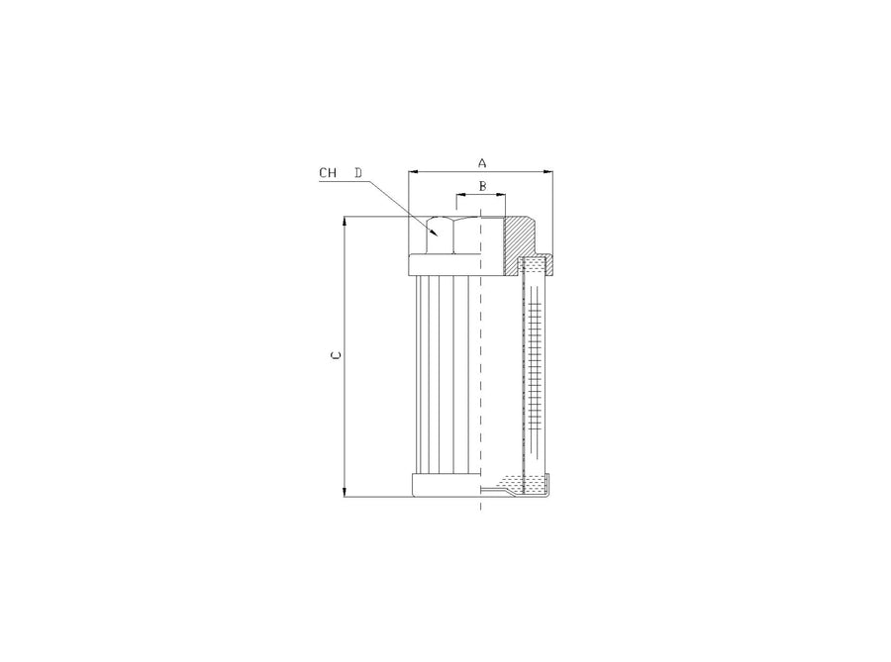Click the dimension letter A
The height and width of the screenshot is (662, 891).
pyautogui.click(x=482, y=163)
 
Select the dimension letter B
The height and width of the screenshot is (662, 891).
pyautogui.click(x=482, y=186)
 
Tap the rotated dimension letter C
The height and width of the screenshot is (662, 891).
pyautogui.click(x=336, y=356)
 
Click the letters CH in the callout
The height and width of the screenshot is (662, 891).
pyautogui.click(x=328, y=172)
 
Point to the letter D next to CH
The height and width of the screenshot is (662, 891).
pyautogui.click(x=358, y=172)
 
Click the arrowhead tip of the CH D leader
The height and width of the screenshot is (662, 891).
pyautogui.click(x=438, y=236)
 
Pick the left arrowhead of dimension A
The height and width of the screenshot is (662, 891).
pyautogui.click(x=413, y=171)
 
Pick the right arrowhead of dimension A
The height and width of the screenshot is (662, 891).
pyautogui.click(x=547, y=171)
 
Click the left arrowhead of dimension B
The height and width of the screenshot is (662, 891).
pyautogui.click(x=461, y=194)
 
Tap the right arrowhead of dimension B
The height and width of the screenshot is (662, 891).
pyautogui.click(x=500, y=194)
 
